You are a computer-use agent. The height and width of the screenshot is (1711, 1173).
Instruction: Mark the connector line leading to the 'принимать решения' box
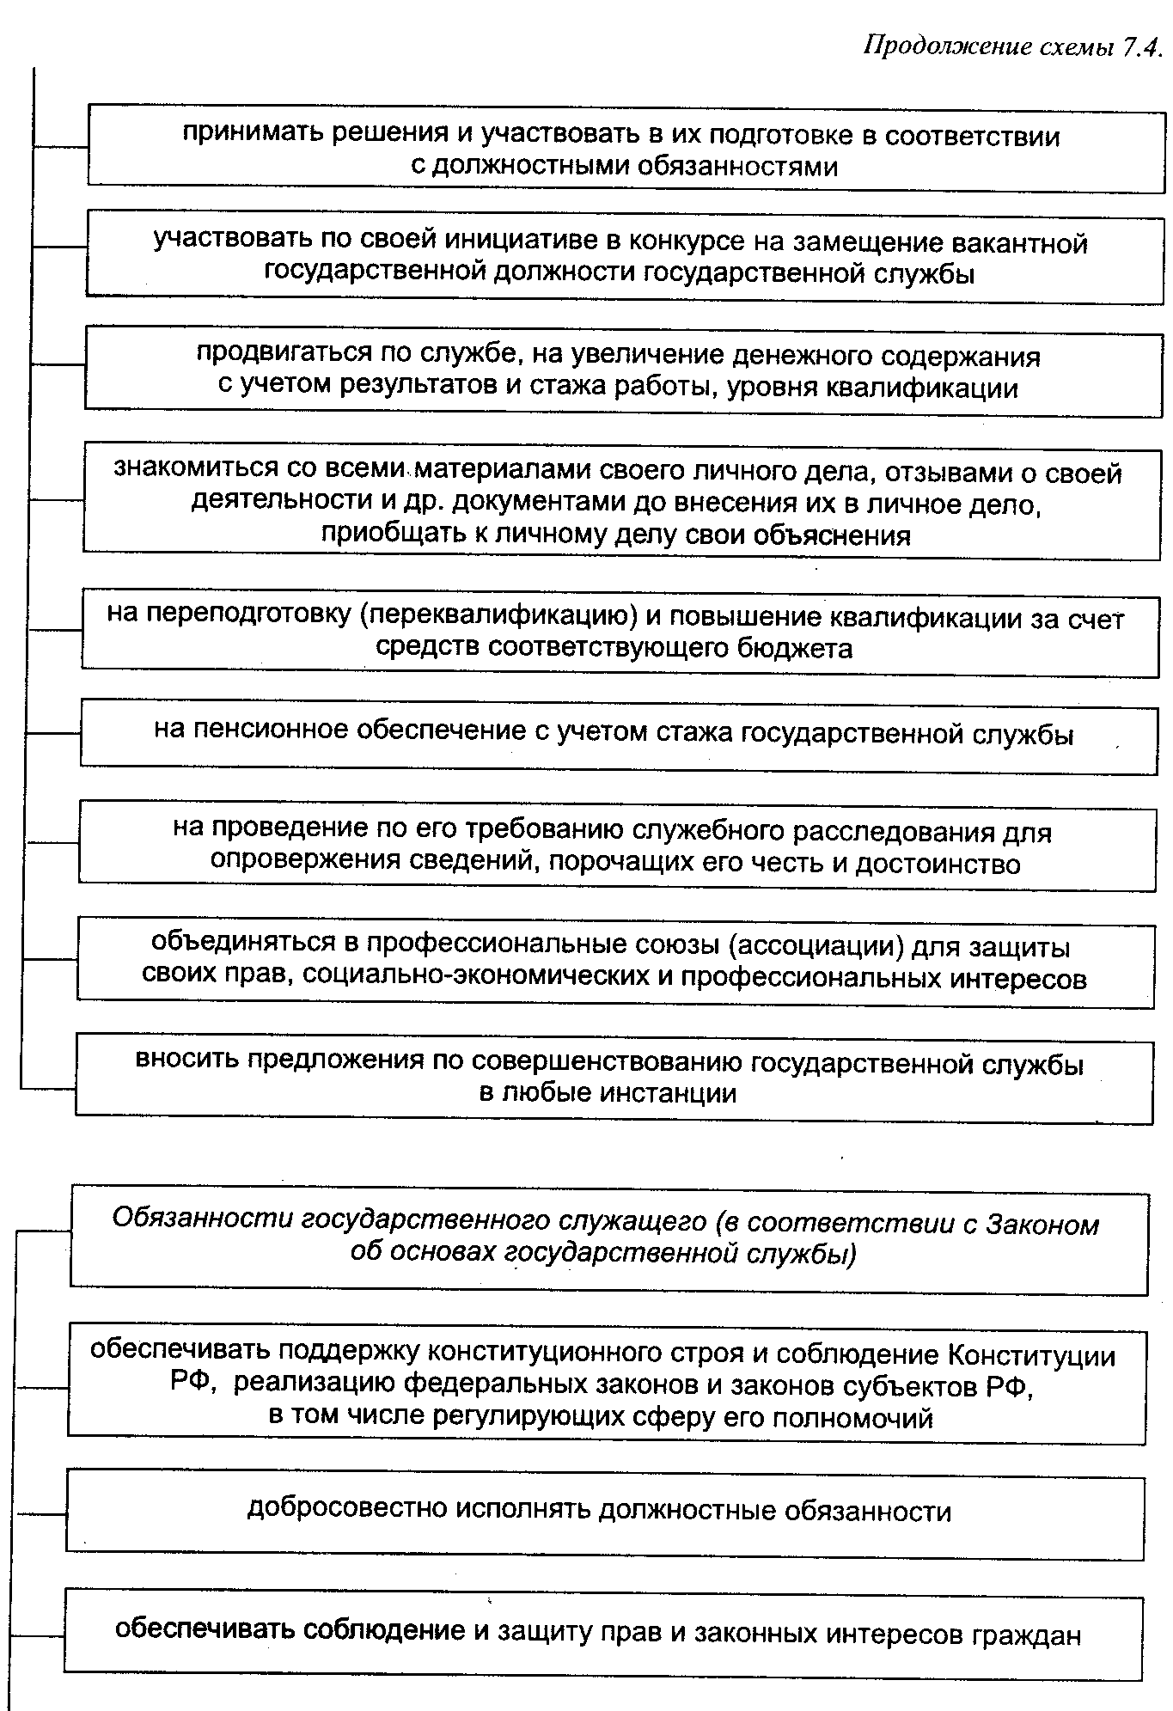tap(60, 147)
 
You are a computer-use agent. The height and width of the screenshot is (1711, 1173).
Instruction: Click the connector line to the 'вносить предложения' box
tap(48, 1089)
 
